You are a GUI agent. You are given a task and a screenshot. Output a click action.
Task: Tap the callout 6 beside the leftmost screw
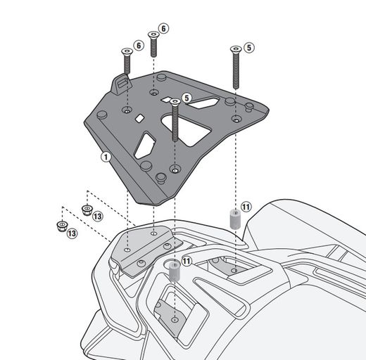(139, 46)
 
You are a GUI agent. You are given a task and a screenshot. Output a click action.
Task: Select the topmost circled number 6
(163, 28)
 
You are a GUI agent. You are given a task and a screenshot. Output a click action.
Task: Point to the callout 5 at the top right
(250, 48)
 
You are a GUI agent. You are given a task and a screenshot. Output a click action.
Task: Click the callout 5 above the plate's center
(187, 98)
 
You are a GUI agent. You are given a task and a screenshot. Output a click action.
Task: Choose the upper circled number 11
(246, 207)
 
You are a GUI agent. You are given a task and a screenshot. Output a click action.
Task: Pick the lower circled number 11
(186, 260)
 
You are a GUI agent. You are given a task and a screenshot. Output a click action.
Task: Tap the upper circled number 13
(97, 215)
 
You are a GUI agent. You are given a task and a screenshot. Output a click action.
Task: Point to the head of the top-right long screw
(234, 49)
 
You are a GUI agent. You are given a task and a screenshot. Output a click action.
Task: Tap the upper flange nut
(87, 209)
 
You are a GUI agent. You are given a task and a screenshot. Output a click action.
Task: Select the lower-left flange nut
(60, 226)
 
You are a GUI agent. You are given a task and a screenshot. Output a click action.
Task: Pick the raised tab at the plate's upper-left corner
(120, 84)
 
